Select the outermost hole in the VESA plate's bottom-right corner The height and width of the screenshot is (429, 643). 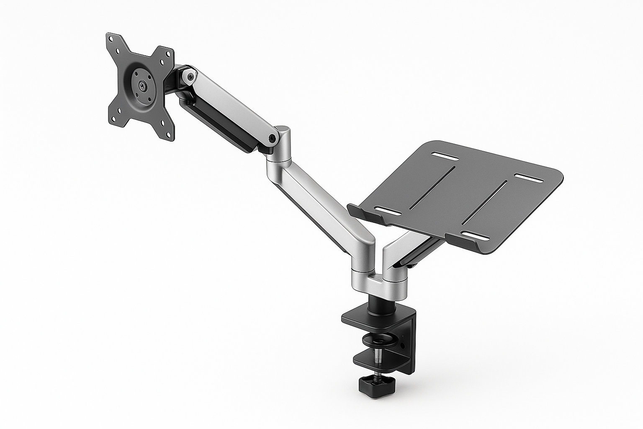click(169, 135)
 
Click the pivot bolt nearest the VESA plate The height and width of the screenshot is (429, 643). click(191, 77)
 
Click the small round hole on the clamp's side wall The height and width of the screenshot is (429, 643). click(402, 346)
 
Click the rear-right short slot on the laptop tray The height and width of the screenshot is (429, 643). click(528, 178)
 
